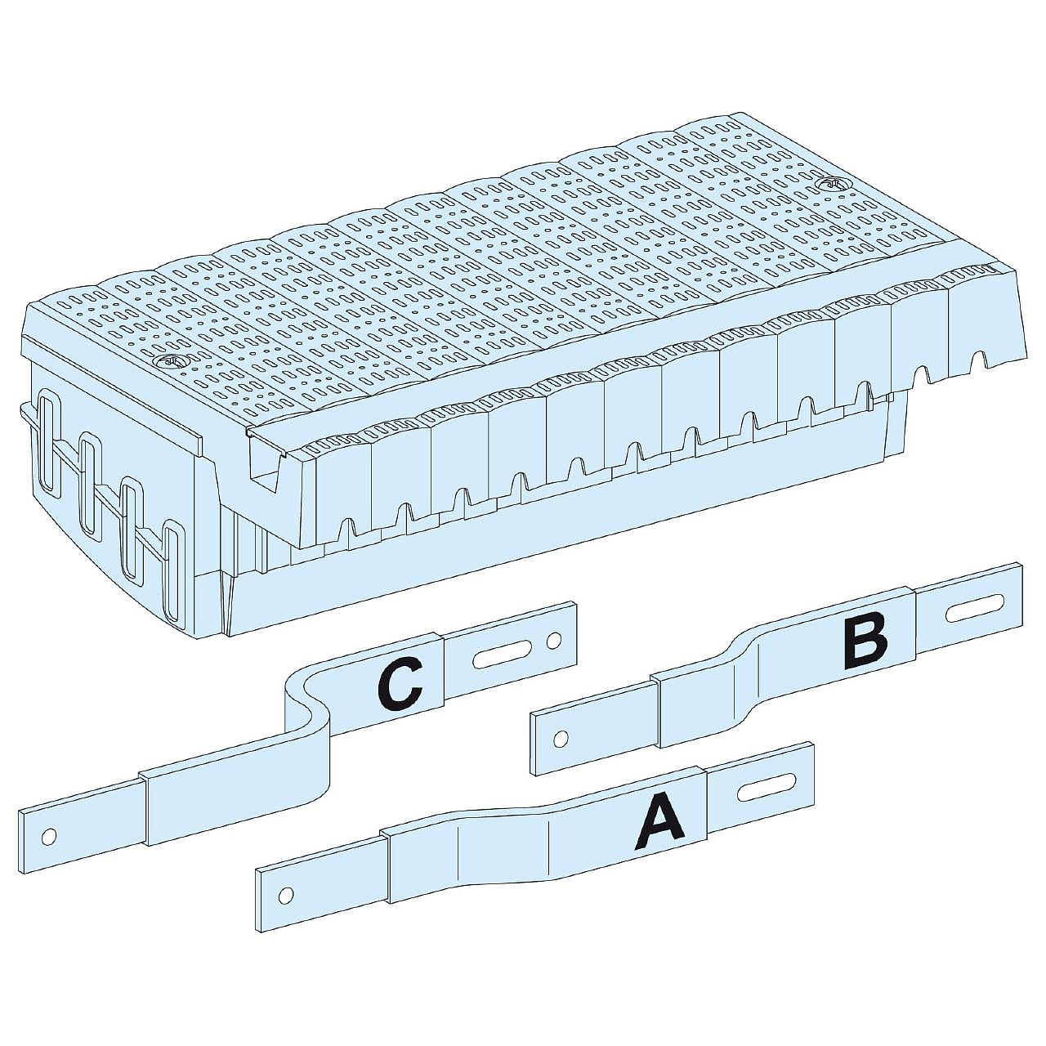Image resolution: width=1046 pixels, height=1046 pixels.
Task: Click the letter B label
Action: pyautogui.click(x=865, y=640)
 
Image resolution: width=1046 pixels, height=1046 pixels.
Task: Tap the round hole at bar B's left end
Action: pyautogui.click(x=561, y=739)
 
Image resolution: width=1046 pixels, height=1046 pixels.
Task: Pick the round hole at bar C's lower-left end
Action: pyautogui.click(x=49, y=836)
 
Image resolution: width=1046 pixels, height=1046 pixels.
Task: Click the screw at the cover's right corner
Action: pyautogui.click(x=830, y=185)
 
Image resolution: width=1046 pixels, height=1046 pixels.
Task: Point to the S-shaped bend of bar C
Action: pyautogui.click(x=308, y=703)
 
